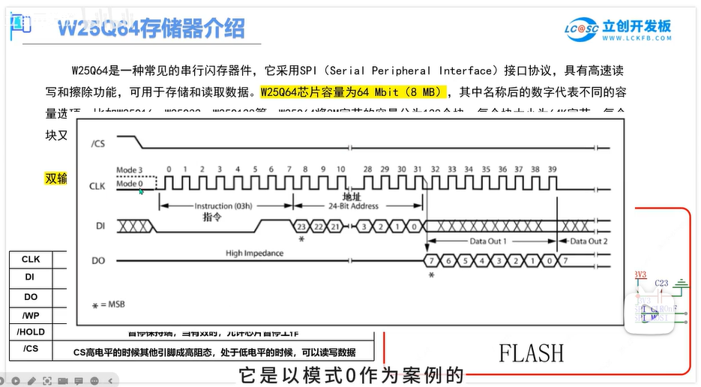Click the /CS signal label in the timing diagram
(97, 142)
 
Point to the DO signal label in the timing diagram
(97, 260)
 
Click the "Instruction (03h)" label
(224, 205)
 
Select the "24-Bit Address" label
(354, 205)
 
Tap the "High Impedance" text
(255, 253)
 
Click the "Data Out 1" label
(488, 241)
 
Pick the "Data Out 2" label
(589, 241)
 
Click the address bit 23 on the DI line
(300, 225)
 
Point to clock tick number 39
(553, 169)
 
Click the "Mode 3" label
(129, 170)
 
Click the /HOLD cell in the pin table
(31, 331)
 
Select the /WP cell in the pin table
(31, 315)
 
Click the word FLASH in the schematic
(532, 352)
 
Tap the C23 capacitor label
(661, 283)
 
